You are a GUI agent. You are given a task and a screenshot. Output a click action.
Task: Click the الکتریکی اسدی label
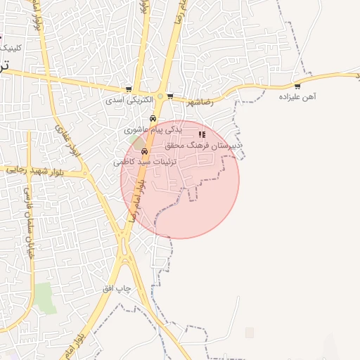(x=123, y=101)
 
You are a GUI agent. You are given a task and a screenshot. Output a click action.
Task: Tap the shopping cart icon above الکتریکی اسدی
(x=128, y=89)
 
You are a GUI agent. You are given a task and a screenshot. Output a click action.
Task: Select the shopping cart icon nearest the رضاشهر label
(x=170, y=96)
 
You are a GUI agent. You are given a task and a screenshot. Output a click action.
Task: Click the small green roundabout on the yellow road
(x=160, y=96)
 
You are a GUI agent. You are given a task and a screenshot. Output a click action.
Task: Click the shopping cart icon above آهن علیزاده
(x=298, y=86)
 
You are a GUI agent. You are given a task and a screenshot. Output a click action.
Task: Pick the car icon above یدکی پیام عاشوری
(x=153, y=118)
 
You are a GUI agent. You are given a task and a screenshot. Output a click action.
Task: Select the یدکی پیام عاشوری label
(x=153, y=129)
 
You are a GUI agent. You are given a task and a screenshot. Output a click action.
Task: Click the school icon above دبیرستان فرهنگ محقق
(x=202, y=134)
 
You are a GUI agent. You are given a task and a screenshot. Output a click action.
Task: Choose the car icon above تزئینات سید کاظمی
(x=145, y=150)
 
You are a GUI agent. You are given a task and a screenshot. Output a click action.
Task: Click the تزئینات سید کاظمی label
(x=143, y=162)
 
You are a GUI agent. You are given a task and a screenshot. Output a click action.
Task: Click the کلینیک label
(x=11, y=48)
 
